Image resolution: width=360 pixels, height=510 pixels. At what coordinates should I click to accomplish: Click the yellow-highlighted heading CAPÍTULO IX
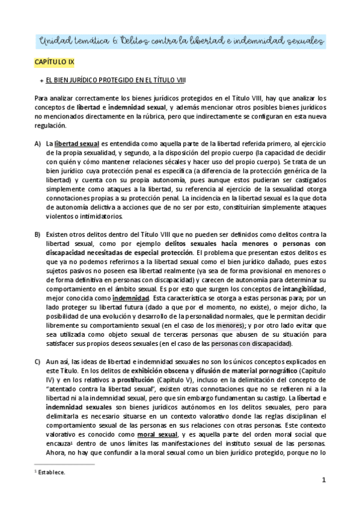pyautogui.click(x=55, y=62)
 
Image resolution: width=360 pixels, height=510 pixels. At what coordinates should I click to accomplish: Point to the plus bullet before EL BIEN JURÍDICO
pyautogui.click(x=40, y=79)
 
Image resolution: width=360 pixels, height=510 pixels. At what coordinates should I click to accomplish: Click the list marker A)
pyautogui.click(x=37, y=144)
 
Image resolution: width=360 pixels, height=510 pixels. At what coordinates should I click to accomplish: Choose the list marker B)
pyautogui.click(x=37, y=235)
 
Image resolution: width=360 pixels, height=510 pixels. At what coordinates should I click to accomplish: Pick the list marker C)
pyautogui.click(x=37, y=361)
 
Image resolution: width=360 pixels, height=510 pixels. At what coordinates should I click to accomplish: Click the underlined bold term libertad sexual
pyautogui.click(x=77, y=144)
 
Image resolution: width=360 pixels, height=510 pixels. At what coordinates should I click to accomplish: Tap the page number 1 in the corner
pyautogui.click(x=323, y=480)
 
